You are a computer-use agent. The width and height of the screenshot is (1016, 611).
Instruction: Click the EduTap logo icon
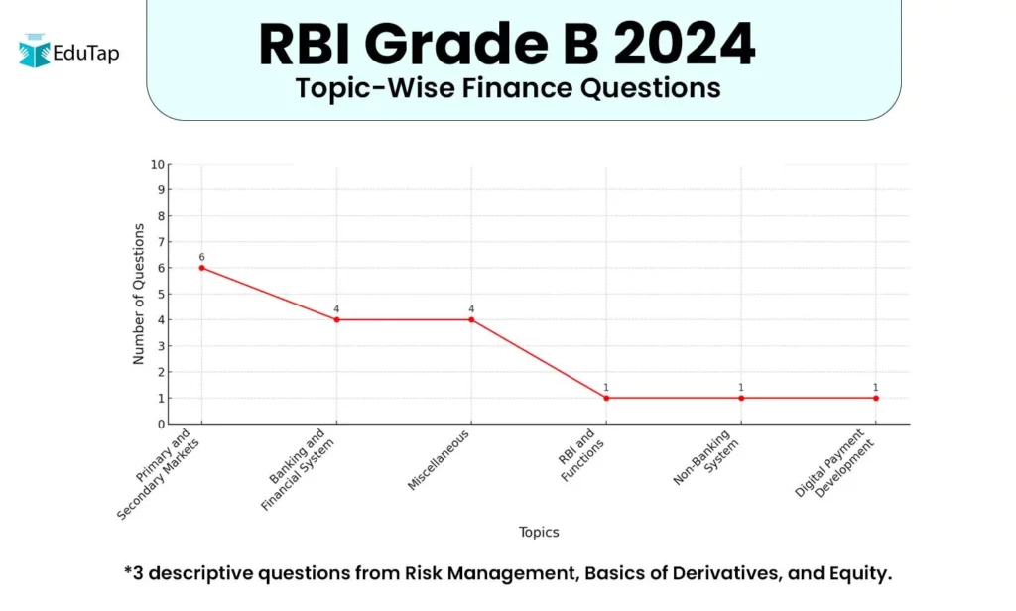[x=35, y=51]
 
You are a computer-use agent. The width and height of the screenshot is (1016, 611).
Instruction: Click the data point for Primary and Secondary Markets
[x=201, y=268]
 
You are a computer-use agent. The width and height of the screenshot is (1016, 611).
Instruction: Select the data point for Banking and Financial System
[x=336, y=319]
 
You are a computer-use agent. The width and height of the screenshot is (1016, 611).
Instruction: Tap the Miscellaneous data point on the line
[x=471, y=319]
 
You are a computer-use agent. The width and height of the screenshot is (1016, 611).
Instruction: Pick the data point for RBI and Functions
[x=606, y=398]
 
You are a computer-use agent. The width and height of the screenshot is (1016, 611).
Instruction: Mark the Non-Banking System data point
[x=741, y=398]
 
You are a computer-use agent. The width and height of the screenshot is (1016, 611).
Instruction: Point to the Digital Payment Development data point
[x=876, y=398]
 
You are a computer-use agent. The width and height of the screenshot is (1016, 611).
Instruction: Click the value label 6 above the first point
[x=201, y=257]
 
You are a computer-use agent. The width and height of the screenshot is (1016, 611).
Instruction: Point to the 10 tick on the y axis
[x=157, y=164]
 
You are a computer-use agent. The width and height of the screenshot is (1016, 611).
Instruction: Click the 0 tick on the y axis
[x=161, y=425]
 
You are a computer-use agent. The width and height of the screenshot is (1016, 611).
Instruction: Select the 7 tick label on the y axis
[x=161, y=242]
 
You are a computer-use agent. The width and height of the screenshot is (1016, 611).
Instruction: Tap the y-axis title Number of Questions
[x=139, y=294]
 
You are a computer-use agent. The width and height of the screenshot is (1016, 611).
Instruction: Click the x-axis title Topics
[x=539, y=533]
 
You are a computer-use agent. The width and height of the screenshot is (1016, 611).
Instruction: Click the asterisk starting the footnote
[x=128, y=571]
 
